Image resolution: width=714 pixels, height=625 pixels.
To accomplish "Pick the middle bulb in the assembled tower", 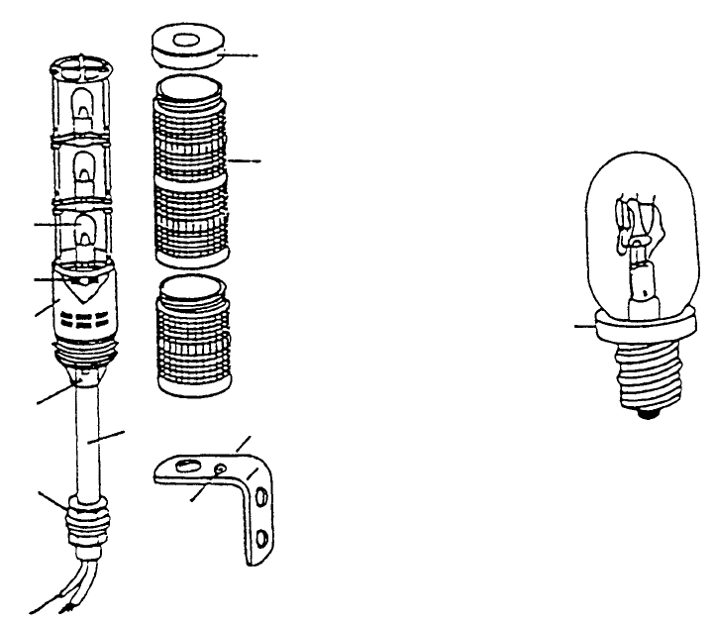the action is click(x=86, y=165).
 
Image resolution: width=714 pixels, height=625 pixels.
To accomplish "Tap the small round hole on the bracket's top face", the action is click(x=219, y=467).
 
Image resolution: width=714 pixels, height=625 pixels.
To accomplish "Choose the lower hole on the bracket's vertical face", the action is click(x=260, y=537).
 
